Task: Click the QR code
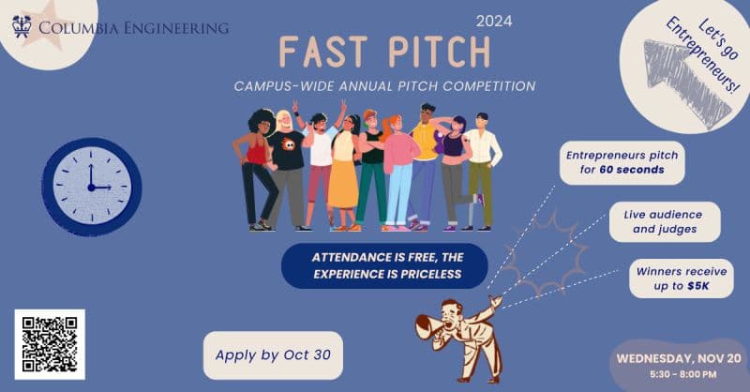pyautogui.click(x=50, y=344)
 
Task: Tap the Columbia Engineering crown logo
pyautogui.click(x=22, y=26)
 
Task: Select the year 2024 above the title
pyautogui.click(x=494, y=21)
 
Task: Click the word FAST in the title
pyautogui.click(x=323, y=52)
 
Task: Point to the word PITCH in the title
pyautogui.click(x=440, y=52)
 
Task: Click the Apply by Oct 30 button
pyautogui.click(x=273, y=355)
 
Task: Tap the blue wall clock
pyautogui.click(x=91, y=187)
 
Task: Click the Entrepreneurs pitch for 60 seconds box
pyautogui.click(x=622, y=163)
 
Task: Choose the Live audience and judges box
pyautogui.click(x=665, y=221)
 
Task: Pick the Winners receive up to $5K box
pyautogui.click(x=682, y=279)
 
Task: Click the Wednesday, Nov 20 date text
pyautogui.click(x=678, y=358)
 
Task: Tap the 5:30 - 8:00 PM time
pyautogui.click(x=683, y=374)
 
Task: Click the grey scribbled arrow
pyautogui.click(x=685, y=83)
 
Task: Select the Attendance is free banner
pyautogui.click(x=384, y=265)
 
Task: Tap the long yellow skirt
pyautogui.click(x=343, y=184)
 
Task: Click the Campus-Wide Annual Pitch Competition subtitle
pyautogui.click(x=384, y=86)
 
